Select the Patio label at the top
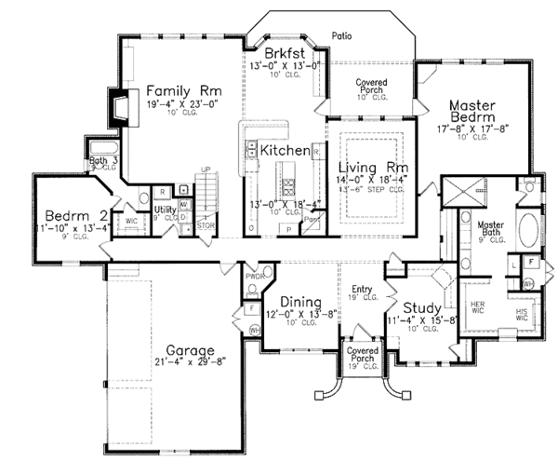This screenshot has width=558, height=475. (341, 35)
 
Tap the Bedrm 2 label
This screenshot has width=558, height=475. (66, 210)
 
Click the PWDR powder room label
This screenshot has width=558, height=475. (258, 277)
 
